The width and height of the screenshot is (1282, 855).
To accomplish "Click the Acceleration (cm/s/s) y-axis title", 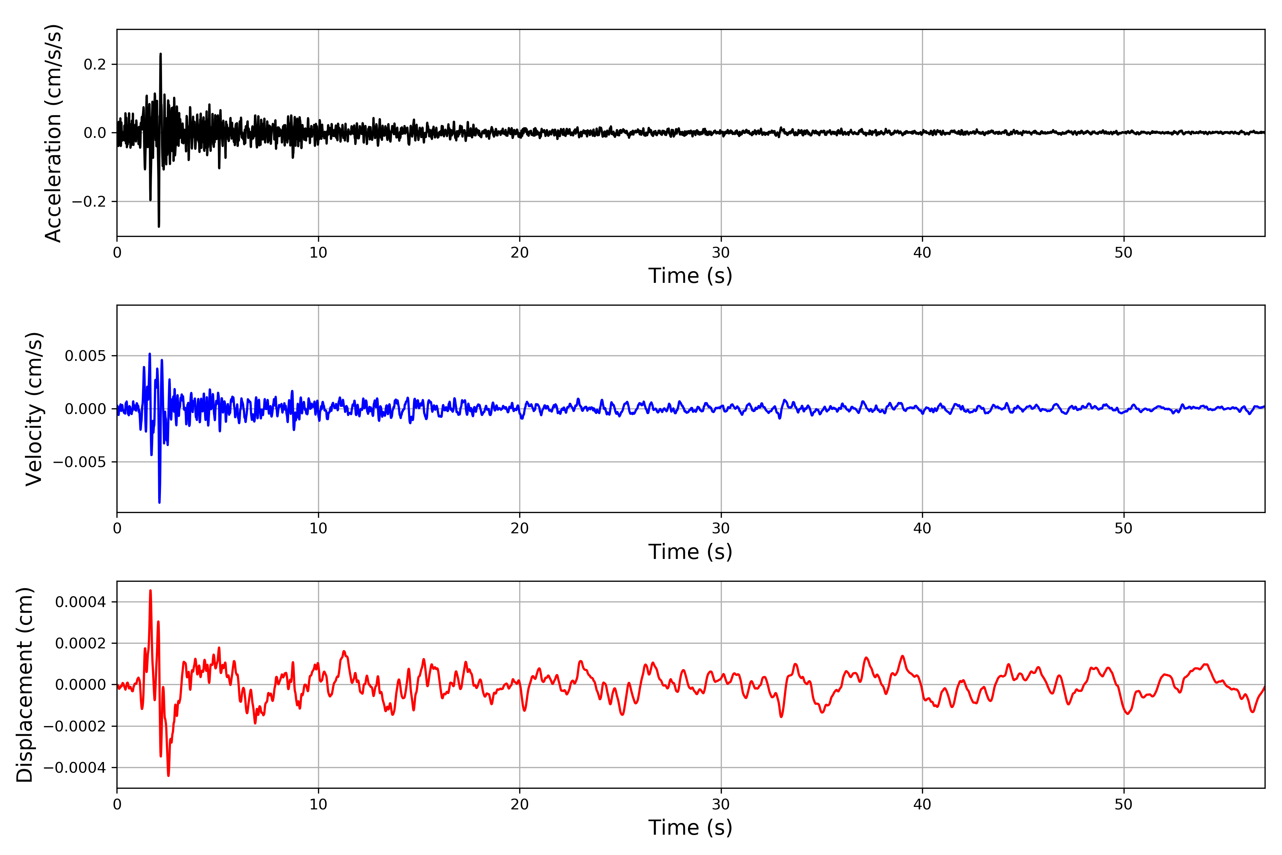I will [53, 133].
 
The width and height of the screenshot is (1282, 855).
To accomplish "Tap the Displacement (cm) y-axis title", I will [25, 684].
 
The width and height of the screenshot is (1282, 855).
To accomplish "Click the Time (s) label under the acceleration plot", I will [690, 276].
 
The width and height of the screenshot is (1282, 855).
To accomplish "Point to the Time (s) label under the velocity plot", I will [690, 552].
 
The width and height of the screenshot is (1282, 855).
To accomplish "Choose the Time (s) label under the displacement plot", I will [690, 828].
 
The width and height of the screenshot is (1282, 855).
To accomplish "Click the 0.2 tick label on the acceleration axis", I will [95, 64].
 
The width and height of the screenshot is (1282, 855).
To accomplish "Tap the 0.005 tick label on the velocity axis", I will [85, 356].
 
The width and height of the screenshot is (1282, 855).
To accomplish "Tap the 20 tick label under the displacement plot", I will [520, 804].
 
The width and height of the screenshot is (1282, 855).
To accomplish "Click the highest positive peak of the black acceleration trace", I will [160, 54].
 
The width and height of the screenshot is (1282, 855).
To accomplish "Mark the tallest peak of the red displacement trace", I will [150, 591].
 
